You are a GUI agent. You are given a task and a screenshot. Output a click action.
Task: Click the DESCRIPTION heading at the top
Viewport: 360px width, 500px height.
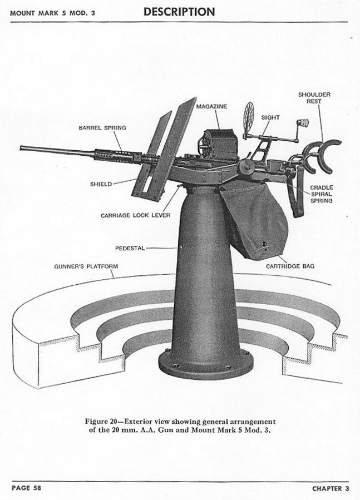(x=179, y=12)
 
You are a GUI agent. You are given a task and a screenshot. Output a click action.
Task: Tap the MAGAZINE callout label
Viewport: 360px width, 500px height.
(x=211, y=106)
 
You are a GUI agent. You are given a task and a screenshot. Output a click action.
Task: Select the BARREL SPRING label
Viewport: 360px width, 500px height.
(x=102, y=128)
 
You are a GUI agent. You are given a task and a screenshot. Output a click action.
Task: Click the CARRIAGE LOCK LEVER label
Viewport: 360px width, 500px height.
(x=136, y=216)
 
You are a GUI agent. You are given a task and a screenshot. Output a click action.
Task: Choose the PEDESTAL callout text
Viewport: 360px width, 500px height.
(x=130, y=248)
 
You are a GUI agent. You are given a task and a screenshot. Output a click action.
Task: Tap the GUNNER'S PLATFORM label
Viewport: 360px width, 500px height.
(x=86, y=266)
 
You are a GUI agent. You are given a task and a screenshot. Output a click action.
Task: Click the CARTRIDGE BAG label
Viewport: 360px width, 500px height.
(x=290, y=266)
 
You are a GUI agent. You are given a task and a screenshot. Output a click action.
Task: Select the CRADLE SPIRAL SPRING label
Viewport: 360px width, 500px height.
(x=322, y=194)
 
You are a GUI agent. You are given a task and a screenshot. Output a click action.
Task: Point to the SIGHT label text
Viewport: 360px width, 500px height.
(x=270, y=118)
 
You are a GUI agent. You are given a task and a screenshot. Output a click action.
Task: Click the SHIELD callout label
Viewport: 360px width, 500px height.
(x=101, y=184)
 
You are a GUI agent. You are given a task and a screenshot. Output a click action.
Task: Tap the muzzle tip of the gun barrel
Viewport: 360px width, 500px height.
(x=21, y=148)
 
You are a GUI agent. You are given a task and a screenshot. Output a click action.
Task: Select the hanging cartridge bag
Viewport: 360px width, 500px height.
(x=255, y=220)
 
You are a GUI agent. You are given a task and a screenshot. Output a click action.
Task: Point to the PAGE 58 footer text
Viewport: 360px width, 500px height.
(x=27, y=488)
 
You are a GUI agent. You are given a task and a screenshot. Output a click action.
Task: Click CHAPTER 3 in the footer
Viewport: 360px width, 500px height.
(x=331, y=488)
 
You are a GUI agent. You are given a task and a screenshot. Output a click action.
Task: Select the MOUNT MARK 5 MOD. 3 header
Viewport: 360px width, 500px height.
(x=53, y=13)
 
